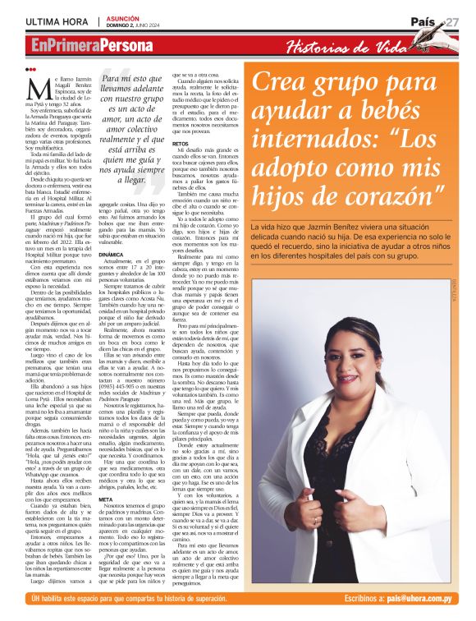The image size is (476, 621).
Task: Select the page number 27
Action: pyautogui.click(x=453, y=21)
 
